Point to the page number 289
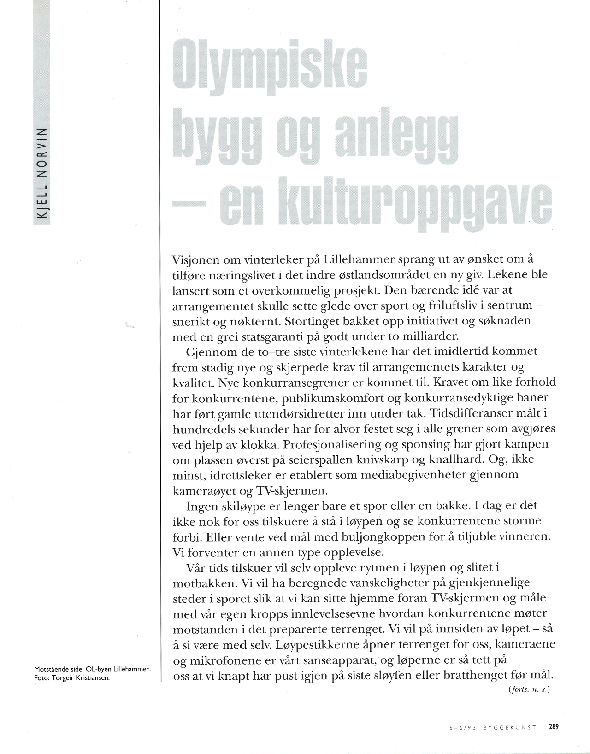554,727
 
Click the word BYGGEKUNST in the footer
510,727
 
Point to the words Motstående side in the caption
55,669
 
